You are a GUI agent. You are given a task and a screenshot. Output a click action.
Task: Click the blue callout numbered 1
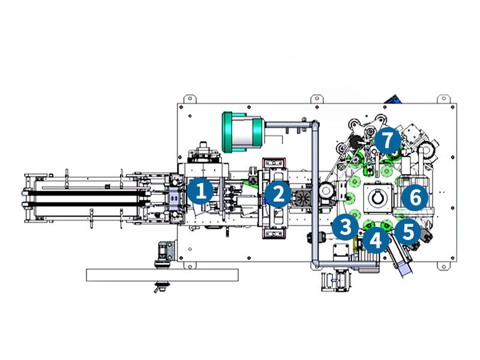[x=200, y=191]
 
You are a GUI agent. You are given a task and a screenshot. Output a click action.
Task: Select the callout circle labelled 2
[x=277, y=193]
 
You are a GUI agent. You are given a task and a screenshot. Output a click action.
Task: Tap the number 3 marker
[x=345, y=226]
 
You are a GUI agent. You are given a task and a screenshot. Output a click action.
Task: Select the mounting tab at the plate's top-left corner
[x=187, y=98]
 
